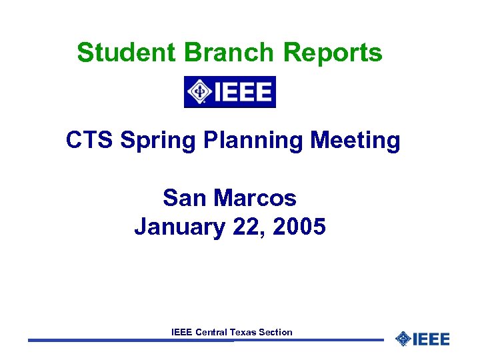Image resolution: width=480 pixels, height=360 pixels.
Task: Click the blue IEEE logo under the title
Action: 230,92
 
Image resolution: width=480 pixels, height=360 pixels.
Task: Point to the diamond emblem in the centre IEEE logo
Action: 199,92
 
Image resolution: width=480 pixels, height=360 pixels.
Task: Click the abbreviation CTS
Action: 90,141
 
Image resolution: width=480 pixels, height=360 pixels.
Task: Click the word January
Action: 180,227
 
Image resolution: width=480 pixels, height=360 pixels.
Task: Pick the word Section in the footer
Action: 276,331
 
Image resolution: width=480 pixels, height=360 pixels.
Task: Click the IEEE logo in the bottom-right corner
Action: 423,339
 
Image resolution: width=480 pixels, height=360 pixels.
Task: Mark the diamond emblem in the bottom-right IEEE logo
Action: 403,339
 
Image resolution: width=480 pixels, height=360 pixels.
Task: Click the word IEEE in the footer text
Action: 182,331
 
